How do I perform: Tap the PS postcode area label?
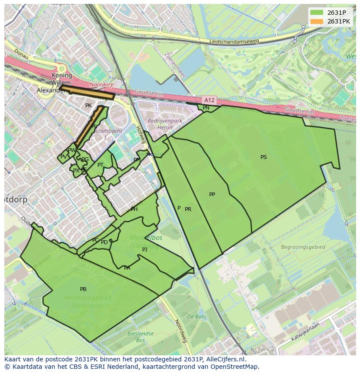point(263,157)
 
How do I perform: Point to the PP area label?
point(212,195)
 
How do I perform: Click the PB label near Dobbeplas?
point(83,289)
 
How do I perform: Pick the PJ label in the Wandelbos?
point(145,250)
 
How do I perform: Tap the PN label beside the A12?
point(206,108)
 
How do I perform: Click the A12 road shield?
point(209,100)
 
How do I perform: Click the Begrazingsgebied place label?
point(303,247)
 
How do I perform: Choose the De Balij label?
point(197,317)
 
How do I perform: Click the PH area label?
point(134,209)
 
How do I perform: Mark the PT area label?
point(100,165)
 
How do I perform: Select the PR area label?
point(188,209)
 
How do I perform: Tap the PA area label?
point(127,268)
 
